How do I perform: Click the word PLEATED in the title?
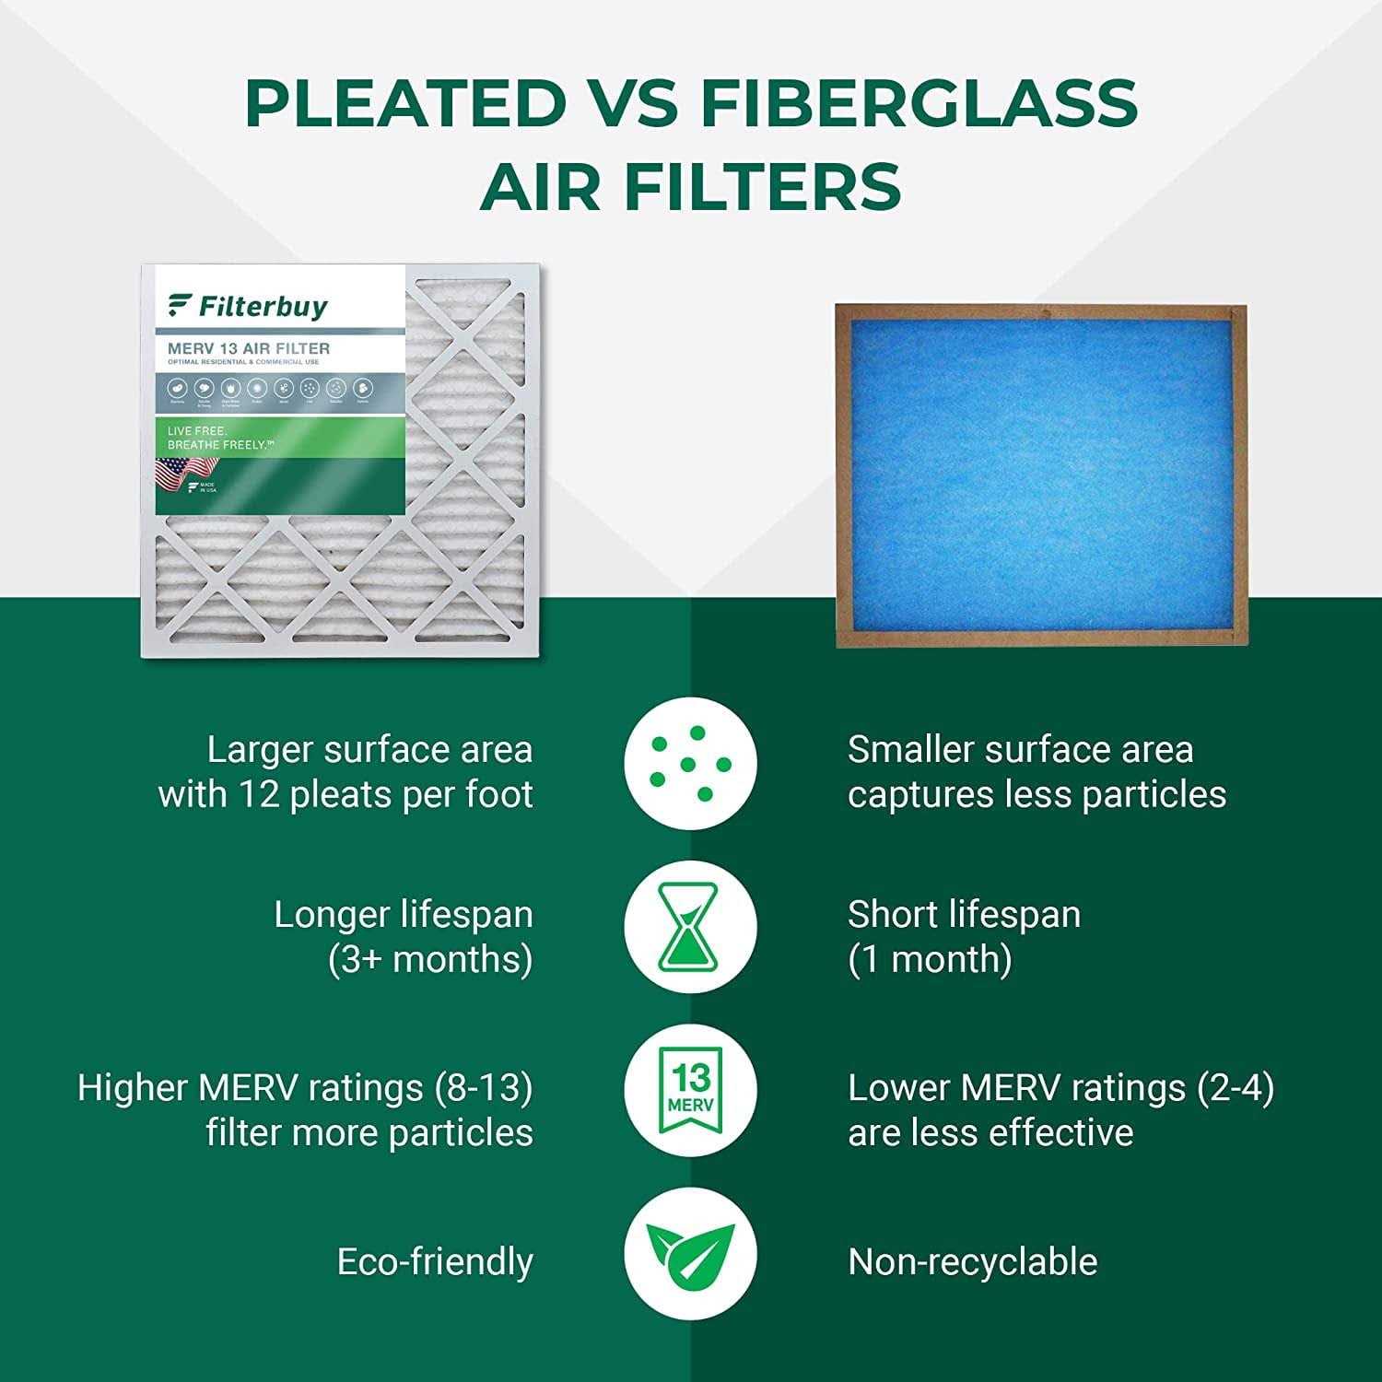[405, 103]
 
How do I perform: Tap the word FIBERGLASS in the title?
[919, 103]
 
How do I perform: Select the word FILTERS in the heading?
[762, 187]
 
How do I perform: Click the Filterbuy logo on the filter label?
[248, 306]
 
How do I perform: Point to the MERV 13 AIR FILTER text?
[249, 348]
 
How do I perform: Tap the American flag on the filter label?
[173, 474]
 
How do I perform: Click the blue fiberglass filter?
[1040, 475]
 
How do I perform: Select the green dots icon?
[690, 763]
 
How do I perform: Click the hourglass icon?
[690, 926]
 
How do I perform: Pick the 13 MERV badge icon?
[690, 1089]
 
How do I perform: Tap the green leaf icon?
[690, 1253]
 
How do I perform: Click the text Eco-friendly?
[435, 1262]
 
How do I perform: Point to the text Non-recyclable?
[972, 1262]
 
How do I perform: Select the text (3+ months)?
[430, 959]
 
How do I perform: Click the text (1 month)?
[930, 959]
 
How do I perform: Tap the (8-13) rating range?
[484, 1088]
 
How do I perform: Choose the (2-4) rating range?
[1236, 1088]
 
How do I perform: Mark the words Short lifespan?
[964, 914]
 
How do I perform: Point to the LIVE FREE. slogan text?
[197, 431]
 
